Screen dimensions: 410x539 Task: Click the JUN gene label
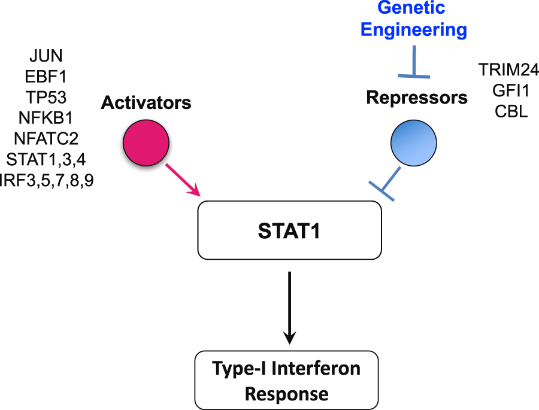46,57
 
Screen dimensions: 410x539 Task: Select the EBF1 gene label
46,77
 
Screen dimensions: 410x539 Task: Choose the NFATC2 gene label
46,139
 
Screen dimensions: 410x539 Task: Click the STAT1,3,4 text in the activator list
46,160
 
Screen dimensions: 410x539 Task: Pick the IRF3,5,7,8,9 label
47,180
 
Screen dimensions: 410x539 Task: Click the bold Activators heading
146,103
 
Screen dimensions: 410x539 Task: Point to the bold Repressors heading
417,97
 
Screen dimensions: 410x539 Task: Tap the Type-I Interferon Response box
286,381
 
